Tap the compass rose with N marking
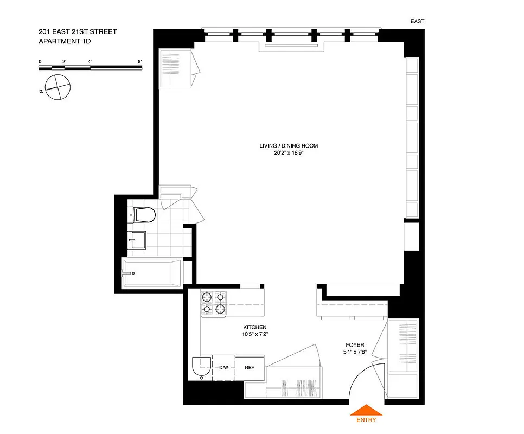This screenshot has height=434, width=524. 57,87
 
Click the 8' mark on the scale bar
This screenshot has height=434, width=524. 140,61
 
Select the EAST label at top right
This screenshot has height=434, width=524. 417,22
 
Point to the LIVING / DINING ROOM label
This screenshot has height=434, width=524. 288,145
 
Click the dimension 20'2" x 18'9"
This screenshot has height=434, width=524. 288,153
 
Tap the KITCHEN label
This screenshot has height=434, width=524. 254,327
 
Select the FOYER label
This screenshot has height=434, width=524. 355,344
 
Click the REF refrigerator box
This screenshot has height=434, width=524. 250,367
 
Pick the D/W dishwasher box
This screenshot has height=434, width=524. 223,368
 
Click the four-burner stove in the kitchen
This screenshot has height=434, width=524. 213,303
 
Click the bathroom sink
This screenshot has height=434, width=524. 137,239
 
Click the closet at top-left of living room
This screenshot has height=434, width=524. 176,68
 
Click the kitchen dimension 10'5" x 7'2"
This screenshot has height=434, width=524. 254,335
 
